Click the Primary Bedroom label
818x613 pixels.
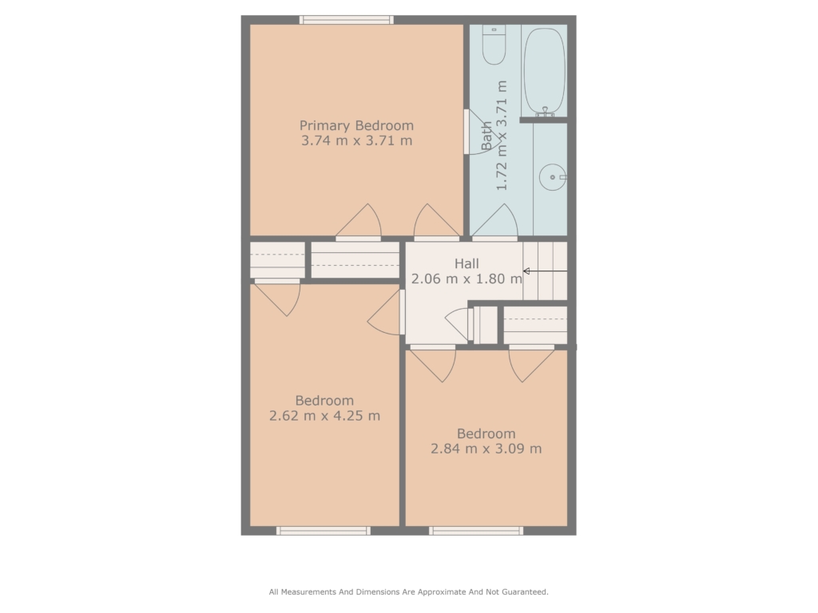(356, 126)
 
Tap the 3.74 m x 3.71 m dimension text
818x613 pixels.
(357, 140)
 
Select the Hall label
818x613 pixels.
(467, 263)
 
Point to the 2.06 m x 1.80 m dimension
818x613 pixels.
(467, 279)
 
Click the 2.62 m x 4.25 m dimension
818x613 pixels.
(324, 416)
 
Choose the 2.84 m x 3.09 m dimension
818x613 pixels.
(486, 449)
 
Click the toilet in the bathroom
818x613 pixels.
(494, 45)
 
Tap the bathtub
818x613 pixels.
(544, 71)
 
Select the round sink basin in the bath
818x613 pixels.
(553, 177)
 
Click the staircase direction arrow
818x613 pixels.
(545, 271)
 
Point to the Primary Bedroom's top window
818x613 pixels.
(347, 20)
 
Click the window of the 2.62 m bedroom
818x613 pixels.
(324, 531)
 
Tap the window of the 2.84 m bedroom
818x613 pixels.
(476, 531)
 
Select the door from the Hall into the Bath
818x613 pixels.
(494, 222)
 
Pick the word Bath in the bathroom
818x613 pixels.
(486, 136)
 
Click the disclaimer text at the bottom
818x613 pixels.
(408, 592)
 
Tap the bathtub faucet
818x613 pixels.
(545, 112)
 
